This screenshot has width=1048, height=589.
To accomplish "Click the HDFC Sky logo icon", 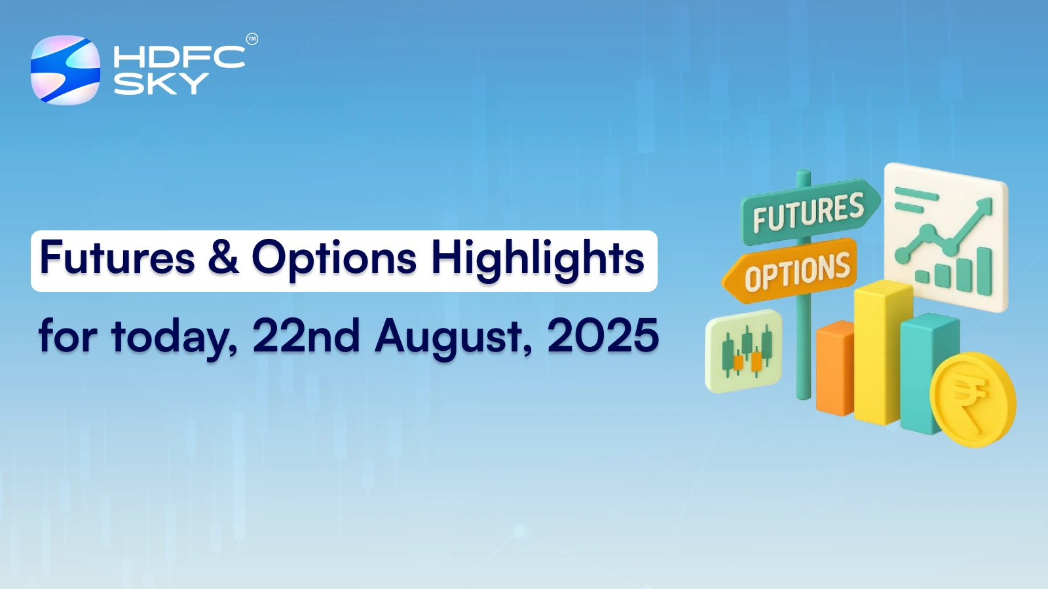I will [x=65, y=70].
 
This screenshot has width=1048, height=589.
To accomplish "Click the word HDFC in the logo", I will [x=178, y=58].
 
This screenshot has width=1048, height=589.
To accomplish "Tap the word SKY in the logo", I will [x=161, y=84].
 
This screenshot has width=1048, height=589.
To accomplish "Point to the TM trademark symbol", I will [x=252, y=39].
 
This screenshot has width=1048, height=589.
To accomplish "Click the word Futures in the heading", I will [x=117, y=258].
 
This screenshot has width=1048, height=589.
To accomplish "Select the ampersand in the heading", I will [x=223, y=258].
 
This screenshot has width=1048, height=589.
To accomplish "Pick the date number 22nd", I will [x=306, y=336].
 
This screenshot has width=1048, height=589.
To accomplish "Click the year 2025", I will [x=603, y=336].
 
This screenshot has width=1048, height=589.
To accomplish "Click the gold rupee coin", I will [x=973, y=399].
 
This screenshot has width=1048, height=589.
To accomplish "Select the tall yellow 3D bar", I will [x=881, y=353].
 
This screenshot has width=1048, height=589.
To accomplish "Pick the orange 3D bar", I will [x=834, y=370].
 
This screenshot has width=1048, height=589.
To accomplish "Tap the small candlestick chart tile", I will [x=744, y=351].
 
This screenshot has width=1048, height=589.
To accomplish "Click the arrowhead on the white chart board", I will [x=984, y=207].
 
